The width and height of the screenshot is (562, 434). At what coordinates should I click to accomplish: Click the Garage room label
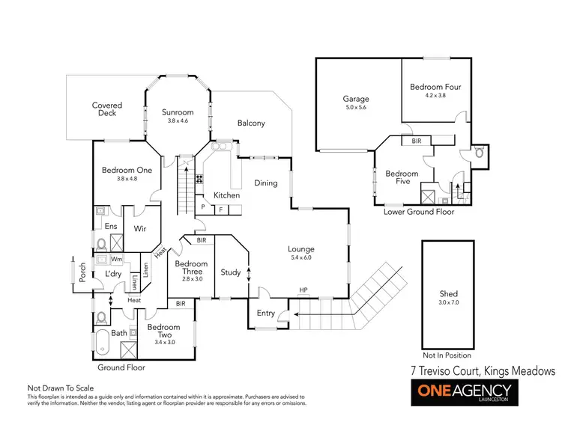(356, 98)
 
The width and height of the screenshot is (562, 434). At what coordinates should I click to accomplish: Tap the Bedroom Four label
(435, 87)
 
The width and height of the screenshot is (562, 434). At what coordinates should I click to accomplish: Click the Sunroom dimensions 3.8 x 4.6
(178, 120)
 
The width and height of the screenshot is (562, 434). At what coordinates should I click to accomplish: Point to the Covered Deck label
(107, 109)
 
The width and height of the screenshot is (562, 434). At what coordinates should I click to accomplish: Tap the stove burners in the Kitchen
(200, 179)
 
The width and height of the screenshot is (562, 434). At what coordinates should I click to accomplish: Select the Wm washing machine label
(116, 259)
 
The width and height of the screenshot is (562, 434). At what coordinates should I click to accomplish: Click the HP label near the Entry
(303, 290)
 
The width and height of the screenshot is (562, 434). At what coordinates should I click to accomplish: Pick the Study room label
(230, 272)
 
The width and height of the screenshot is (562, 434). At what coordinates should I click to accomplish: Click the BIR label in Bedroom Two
(181, 304)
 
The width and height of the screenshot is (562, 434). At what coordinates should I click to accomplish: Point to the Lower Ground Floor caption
(418, 212)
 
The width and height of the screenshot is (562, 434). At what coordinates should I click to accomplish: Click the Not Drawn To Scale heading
(61, 388)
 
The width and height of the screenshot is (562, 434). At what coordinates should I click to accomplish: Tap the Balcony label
(251, 123)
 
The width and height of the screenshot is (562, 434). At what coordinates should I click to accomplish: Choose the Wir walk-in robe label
(139, 228)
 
